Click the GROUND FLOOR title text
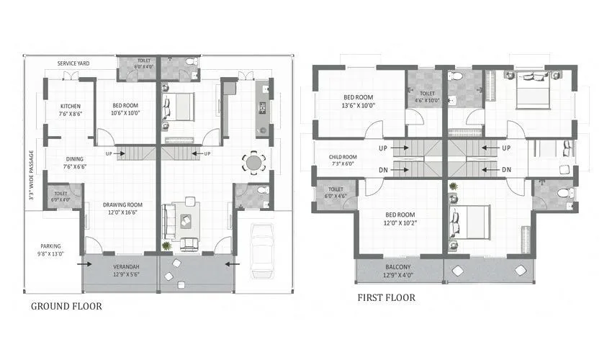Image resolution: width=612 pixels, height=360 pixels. (x=66, y=306)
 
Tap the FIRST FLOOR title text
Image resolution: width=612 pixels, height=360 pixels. (x=386, y=297)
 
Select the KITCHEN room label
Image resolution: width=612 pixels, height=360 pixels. (x=71, y=107)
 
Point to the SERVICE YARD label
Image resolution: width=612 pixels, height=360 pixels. (x=73, y=63)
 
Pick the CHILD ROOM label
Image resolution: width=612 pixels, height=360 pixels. (x=343, y=156)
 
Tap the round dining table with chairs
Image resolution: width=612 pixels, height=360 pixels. (x=253, y=162)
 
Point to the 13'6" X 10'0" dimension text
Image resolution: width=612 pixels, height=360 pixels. (x=358, y=106)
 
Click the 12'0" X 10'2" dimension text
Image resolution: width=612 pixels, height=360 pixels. (x=400, y=222)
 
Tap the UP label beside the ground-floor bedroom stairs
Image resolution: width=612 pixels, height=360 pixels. (x=109, y=153)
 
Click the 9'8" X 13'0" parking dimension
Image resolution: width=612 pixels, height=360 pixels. (x=50, y=253)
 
